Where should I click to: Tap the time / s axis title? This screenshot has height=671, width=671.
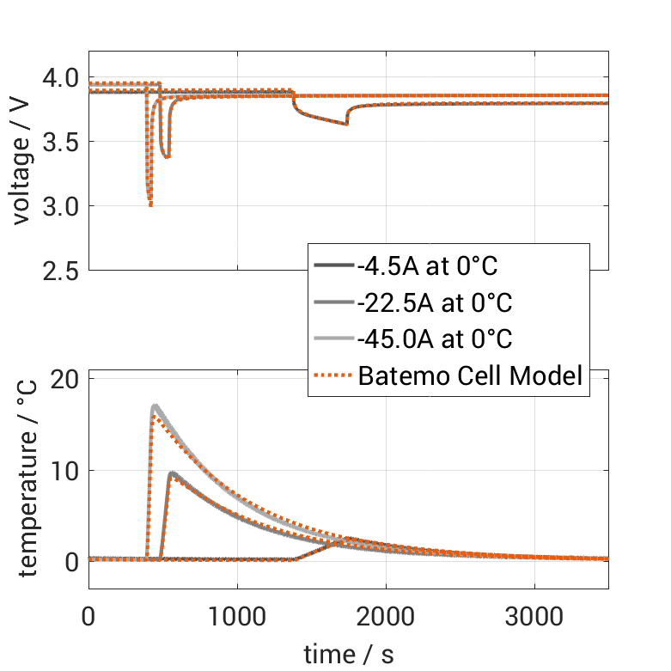349,655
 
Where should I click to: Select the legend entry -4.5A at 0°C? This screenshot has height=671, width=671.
427,266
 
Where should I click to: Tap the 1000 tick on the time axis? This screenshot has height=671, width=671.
237,617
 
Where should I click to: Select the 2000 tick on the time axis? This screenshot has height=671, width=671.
386,617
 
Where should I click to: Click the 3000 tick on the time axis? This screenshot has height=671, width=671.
534,617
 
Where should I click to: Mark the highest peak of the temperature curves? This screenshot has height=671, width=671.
155,406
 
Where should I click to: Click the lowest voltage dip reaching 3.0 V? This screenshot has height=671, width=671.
150,204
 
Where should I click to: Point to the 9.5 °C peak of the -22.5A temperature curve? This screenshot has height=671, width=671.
173,473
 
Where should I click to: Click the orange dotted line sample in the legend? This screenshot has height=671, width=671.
333,375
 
